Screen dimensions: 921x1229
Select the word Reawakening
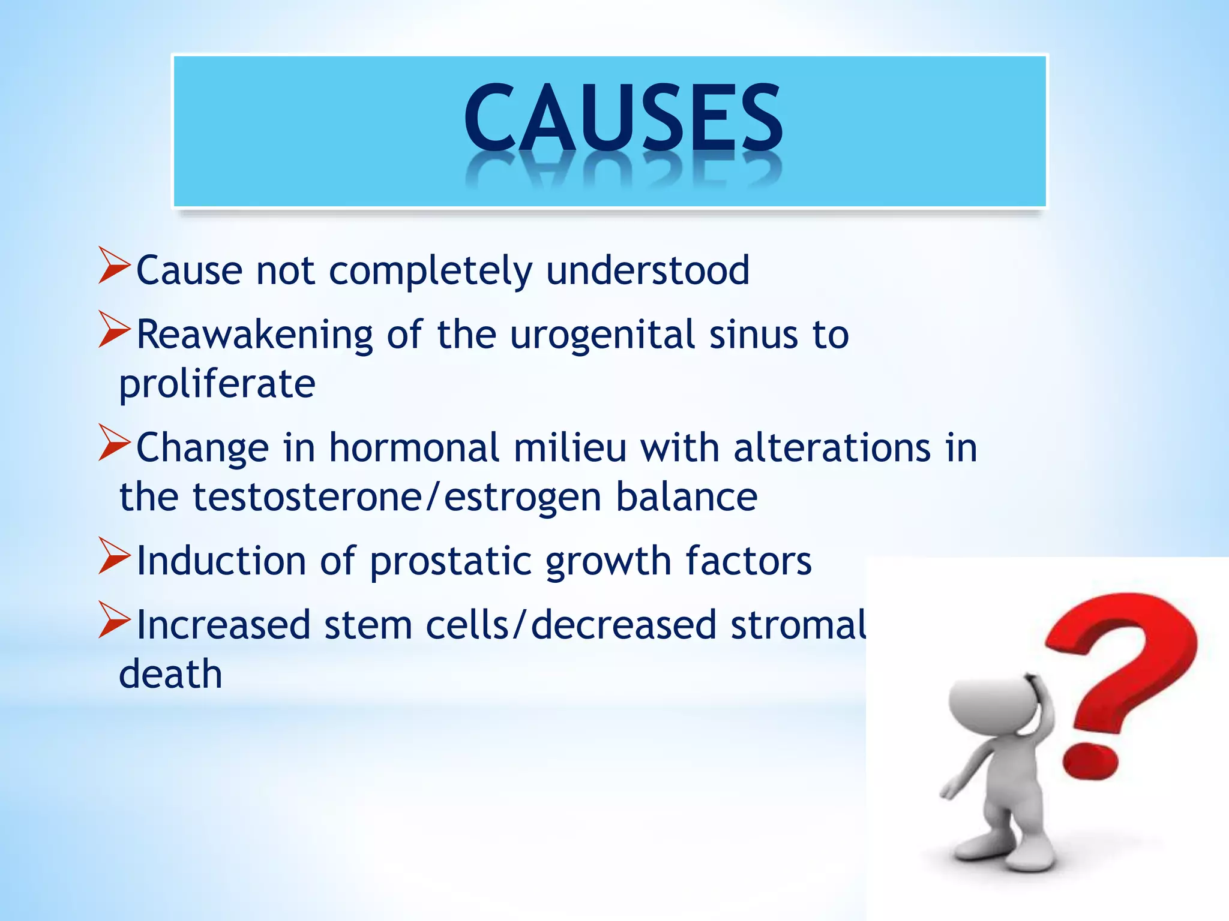pyautogui.click(x=254, y=334)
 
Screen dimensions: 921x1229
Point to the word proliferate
pyautogui.click(x=217, y=384)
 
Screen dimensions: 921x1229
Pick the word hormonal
pyautogui.click(x=414, y=448)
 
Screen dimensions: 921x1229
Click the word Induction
pyautogui.click(x=221, y=561)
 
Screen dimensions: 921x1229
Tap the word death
pyautogui.click(x=170, y=674)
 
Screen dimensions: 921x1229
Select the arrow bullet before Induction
pyautogui.click(x=114, y=556)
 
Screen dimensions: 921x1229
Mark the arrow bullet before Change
pyautogui.click(x=114, y=443)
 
